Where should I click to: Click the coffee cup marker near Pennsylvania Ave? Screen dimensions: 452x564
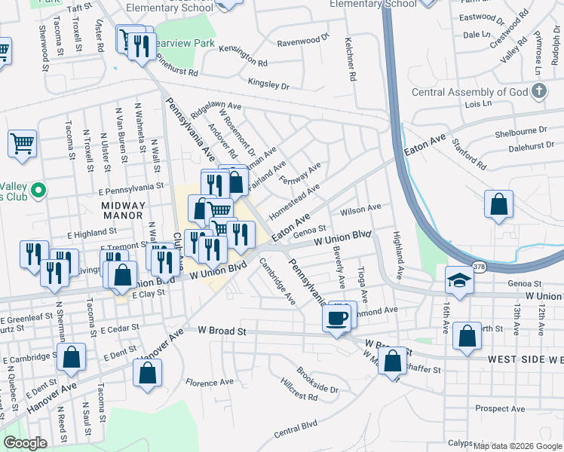[x=338, y=318]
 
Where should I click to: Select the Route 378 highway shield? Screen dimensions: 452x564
[x=480, y=267]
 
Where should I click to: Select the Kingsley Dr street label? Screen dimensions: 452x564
[x=268, y=85]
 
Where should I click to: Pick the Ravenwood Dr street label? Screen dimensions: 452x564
[x=303, y=39]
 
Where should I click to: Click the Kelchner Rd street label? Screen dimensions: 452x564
[x=351, y=60]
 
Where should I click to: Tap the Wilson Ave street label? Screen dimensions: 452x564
[x=361, y=208]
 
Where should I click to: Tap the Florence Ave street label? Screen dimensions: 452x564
[x=210, y=383]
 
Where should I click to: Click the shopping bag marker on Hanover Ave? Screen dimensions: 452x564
[x=148, y=372]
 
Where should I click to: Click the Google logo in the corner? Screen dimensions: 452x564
[x=25, y=443]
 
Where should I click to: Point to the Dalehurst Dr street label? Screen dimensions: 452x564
[x=526, y=149]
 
